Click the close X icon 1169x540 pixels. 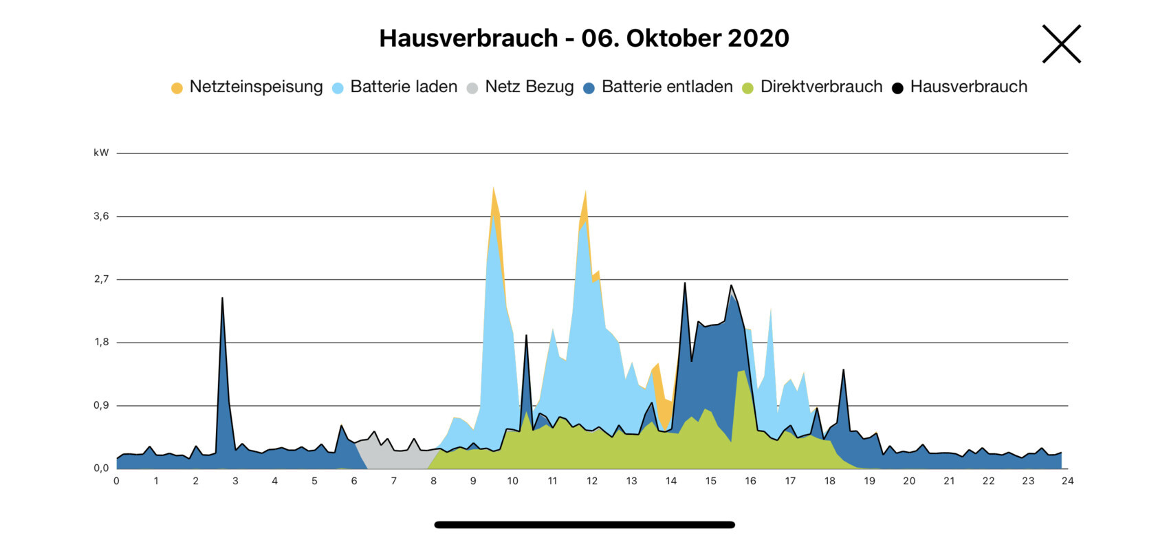point(1061,44)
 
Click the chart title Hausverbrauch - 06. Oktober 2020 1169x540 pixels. point(584,38)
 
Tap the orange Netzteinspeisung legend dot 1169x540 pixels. point(177,88)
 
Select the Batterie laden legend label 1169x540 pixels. point(404,87)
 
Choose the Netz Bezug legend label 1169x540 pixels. point(529,87)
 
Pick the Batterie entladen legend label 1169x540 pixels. point(667,87)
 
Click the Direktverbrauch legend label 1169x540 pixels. point(821,87)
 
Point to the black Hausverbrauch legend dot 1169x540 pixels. point(897,88)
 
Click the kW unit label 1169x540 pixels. point(101,153)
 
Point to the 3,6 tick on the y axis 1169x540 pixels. point(101,216)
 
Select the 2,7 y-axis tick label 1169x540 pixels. point(101,279)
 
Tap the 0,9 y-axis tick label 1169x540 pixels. point(101,405)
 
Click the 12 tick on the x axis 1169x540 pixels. point(592,481)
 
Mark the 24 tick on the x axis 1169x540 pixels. point(1067,481)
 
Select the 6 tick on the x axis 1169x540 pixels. point(354,481)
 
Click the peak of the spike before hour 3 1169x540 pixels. point(222,299)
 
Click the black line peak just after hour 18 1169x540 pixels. point(843,371)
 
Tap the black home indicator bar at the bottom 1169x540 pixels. point(584,525)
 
